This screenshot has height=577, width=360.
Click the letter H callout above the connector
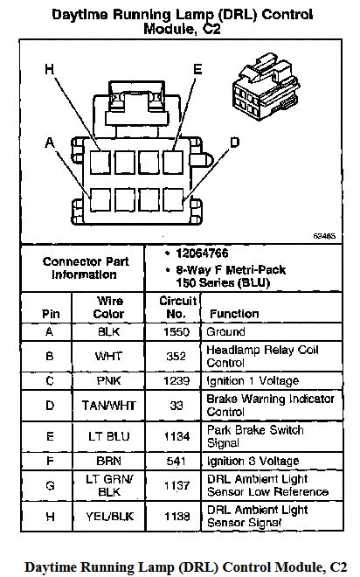tap(49, 69)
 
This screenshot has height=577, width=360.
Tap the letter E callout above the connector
tap(197, 69)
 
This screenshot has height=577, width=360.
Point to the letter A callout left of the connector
tap(50, 142)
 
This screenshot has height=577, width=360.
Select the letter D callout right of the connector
tap(234, 142)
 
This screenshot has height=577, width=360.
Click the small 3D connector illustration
tap(266, 87)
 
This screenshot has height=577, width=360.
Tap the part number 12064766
tap(202, 254)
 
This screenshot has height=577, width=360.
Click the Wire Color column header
tap(109, 307)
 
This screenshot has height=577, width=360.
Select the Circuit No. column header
tap(178, 307)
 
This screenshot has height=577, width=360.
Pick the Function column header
tap(234, 314)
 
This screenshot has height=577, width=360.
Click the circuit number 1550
tap(177, 331)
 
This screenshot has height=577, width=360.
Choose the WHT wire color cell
tap(108, 356)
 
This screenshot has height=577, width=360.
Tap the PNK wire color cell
tap(108, 380)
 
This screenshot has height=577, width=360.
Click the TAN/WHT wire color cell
tap(109, 405)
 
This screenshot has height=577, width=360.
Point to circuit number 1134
tap(177, 436)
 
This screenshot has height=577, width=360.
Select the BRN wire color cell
tap(108, 461)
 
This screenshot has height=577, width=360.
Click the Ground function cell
tap(225, 331)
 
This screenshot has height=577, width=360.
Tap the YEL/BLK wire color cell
tap(109, 517)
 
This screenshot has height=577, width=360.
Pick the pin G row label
tap(50, 485)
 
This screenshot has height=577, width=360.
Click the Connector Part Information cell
tap(86, 268)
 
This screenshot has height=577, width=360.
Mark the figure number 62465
tap(324, 236)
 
